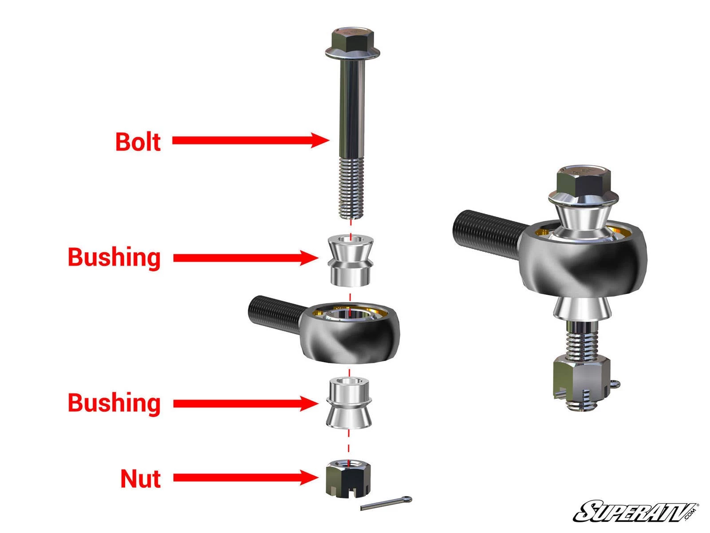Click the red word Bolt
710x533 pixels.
click(x=138, y=142)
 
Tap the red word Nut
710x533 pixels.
click(x=140, y=479)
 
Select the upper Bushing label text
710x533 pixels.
click(x=114, y=258)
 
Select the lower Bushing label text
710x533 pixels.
click(x=114, y=403)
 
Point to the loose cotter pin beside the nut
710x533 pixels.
click(x=386, y=503)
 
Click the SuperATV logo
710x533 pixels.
click(x=635, y=512)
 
